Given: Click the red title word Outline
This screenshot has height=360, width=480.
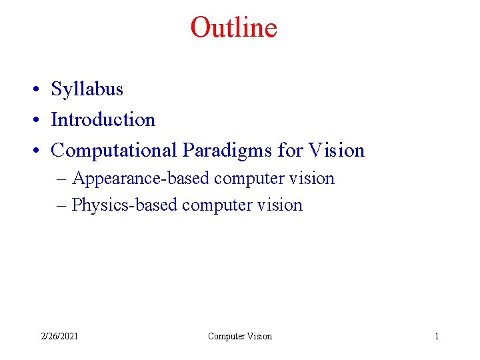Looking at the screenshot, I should click(x=233, y=27).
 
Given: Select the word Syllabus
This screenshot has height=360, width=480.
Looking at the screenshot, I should click(x=87, y=89).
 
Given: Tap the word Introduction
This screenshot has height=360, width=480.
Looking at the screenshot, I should click(x=103, y=120).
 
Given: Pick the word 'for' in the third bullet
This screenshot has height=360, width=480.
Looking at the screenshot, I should click(x=290, y=151).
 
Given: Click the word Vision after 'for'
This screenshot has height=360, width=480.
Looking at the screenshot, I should click(x=337, y=151).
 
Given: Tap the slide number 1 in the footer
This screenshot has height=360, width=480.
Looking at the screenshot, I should click(x=437, y=336).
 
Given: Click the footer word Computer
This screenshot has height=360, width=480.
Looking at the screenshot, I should click(x=226, y=336).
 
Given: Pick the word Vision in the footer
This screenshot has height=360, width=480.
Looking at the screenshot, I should click(x=259, y=336).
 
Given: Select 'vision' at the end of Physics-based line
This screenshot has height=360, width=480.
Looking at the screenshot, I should click(x=282, y=205).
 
